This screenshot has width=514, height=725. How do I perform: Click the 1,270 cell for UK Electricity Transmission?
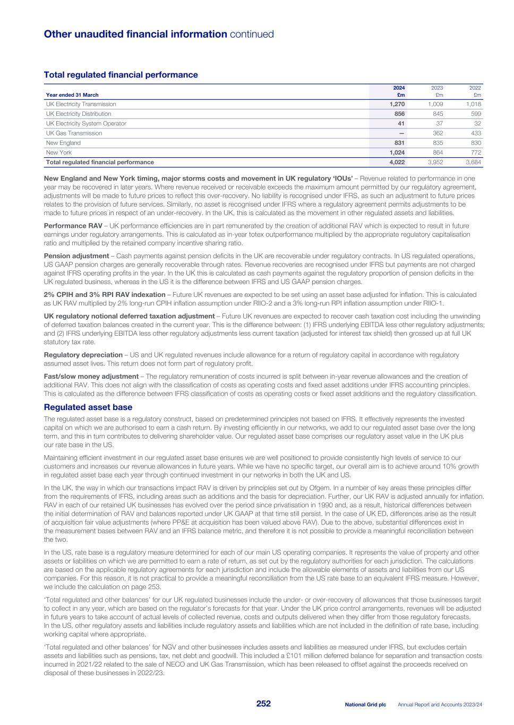tap(397, 104)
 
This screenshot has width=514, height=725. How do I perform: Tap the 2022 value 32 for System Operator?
tap(476, 123)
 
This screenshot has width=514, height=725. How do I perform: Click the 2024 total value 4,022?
tap(397, 162)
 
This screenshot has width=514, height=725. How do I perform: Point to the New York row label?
tap(58, 152)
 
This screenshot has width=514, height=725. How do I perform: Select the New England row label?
tap(63, 143)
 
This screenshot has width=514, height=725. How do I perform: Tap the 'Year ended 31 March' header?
tap(72, 95)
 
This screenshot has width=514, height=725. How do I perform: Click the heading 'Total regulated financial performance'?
tap(121, 75)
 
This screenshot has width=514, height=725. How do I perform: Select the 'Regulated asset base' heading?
tap(88, 407)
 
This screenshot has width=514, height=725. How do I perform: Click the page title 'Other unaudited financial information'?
tap(135, 35)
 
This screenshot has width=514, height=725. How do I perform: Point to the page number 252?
tap(263, 704)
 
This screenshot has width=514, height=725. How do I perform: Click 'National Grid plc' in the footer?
tap(365, 704)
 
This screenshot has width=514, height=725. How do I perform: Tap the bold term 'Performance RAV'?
tap(73, 226)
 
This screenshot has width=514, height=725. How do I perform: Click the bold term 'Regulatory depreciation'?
tap(83, 355)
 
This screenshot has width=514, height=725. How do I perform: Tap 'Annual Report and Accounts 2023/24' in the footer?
tap(440, 704)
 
